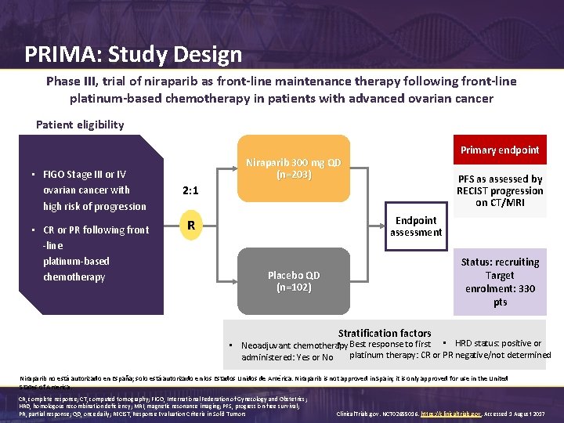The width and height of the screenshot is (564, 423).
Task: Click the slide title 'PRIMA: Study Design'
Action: pyautogui.click(x=133, y=55)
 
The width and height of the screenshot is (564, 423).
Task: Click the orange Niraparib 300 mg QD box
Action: pyautogui.click(x=294, y=169)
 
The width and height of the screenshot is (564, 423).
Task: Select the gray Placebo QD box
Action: pyautogui.click(x=294, y=281)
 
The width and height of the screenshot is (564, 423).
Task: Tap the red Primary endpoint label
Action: pyautogui.click(x=500, y=150)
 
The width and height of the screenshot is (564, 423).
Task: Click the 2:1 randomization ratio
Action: pyautogui.click(x=190, y=190)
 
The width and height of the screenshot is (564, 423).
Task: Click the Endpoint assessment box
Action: pyautogui.click(x=416, y=226)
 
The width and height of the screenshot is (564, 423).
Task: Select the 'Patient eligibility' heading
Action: pyautogui.click(x=80, y=125)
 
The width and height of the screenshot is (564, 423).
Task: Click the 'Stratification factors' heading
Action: pyautogui.click(x=384, y=333)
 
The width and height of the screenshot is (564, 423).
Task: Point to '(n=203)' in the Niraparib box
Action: pyautogui.click(x=294, y=175)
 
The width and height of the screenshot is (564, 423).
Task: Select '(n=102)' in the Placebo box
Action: pyautogui.click(x=294, y=287)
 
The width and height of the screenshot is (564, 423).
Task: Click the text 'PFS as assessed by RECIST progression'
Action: pyautogui.click(x=499, y=185)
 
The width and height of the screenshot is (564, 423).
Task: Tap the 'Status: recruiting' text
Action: pyautogui.click(x=500, y=262)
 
